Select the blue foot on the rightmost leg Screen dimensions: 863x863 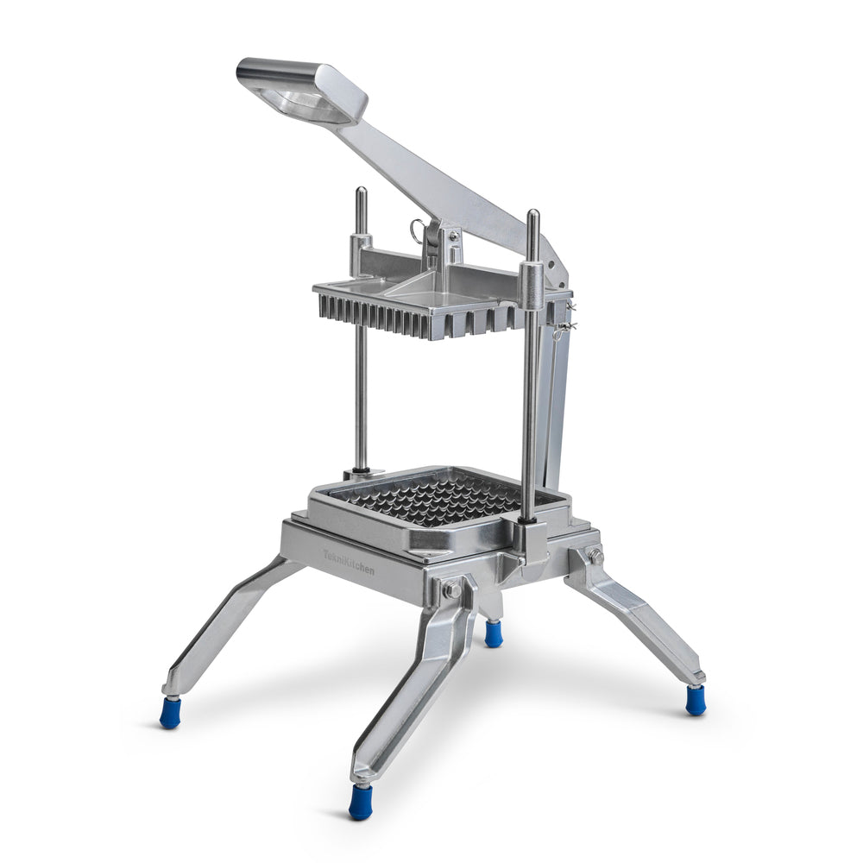tap(696, 701)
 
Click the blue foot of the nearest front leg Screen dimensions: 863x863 tap(360, 803)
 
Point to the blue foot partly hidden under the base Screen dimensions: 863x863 tap(493, 634)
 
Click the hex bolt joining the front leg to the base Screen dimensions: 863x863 tap(450, 591)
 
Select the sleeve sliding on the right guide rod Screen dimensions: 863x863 tap(532, 285)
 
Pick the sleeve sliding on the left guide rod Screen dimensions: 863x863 tap(361, 250)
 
